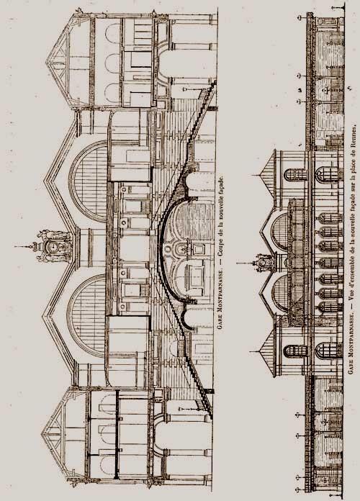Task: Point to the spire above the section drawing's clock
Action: point(24,246)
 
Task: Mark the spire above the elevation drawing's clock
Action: point(245,263)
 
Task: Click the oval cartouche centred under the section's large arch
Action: point(181,248)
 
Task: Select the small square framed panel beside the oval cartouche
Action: point(198,248)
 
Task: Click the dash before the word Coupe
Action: point(220,262)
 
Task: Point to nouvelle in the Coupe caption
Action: point(220,208)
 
